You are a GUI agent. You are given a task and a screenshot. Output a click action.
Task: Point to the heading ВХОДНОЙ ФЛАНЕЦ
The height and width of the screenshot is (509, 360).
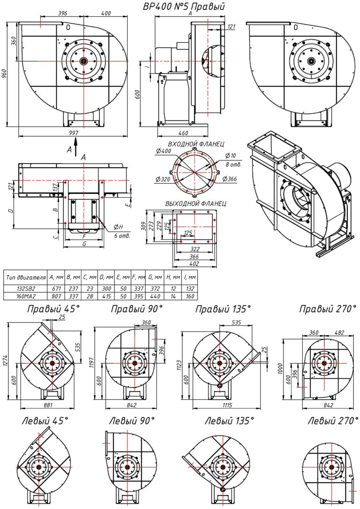195,144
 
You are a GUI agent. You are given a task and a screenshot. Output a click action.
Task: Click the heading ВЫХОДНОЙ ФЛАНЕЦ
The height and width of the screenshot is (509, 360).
196,204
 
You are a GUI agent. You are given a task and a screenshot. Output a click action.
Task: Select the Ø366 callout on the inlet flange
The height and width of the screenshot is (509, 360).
231,179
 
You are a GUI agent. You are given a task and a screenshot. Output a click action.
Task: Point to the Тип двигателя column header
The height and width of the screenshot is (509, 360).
25,277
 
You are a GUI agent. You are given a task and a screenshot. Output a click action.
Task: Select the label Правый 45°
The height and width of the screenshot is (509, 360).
53,309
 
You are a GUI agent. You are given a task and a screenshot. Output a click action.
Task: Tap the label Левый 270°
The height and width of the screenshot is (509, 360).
329,421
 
